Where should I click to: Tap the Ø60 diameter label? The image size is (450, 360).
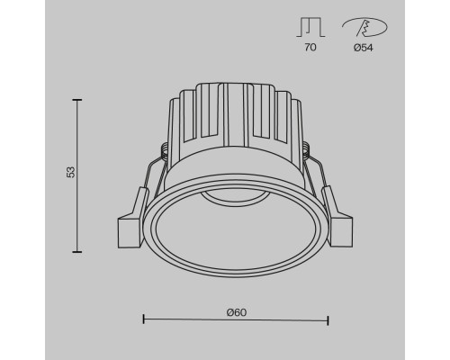[237, 311]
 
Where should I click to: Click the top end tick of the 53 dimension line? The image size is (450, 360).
[76, 102]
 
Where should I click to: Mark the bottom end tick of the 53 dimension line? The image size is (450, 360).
[76, 252]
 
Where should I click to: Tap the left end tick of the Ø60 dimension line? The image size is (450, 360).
[144, 319]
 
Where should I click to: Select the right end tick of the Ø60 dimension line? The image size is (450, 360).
[328, 319]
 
